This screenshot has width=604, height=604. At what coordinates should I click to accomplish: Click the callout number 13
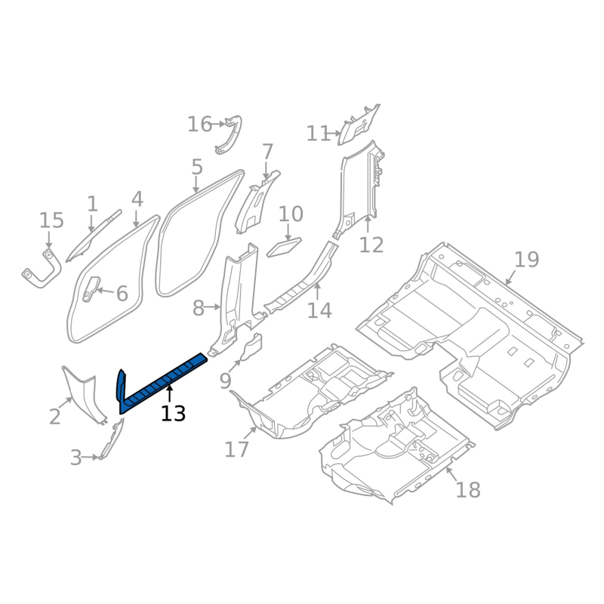[173, 413]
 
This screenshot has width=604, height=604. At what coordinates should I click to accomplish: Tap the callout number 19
[526, 260]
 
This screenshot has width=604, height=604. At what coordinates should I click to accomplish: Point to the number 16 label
[200, 124]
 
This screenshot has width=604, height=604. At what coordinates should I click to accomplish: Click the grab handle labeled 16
[230, 134]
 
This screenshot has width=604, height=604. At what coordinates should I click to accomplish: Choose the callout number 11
[319, 134]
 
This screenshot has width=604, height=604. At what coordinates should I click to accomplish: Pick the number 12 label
[371, 245]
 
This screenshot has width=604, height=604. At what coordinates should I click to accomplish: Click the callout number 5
[197, 167]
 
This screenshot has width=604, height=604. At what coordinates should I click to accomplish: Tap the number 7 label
[267, 152]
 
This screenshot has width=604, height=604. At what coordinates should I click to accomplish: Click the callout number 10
[291, 214]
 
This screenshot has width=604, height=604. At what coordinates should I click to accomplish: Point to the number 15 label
[51, 220]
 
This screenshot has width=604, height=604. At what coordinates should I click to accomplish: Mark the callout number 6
[122, 293]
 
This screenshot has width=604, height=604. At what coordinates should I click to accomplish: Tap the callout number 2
[54, 416]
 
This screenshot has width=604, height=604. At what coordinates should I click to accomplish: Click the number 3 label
[75, 458]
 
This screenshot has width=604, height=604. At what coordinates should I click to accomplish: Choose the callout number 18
[468, 490]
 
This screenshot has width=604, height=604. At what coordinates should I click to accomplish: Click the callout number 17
[236, 449]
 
